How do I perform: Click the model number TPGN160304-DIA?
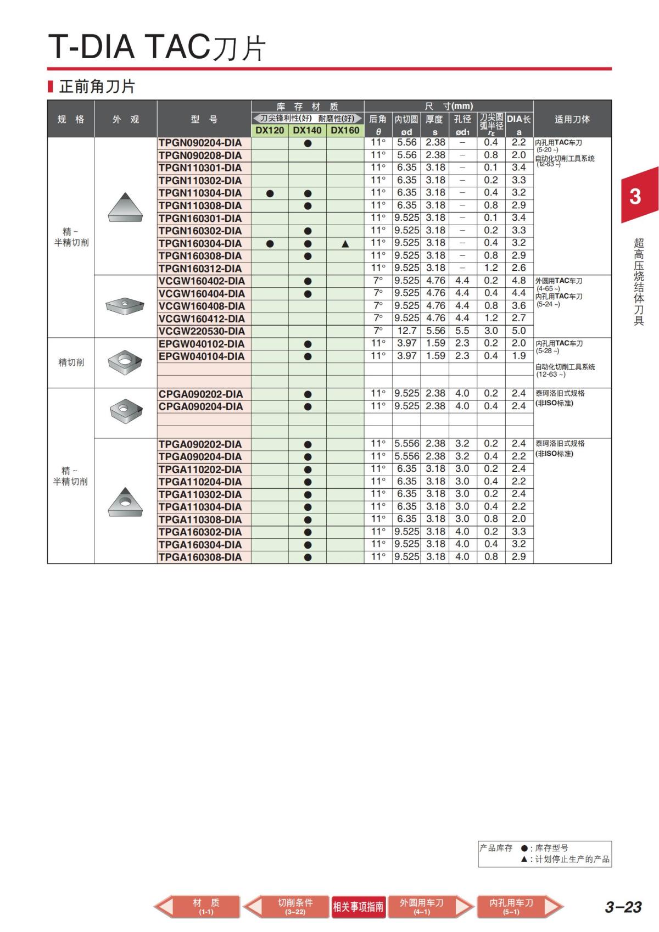[x=200, y=243]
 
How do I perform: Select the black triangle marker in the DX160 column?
[x=345, y=243]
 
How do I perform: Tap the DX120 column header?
[x=270, y=131]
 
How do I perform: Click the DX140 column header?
[x=307, y=131]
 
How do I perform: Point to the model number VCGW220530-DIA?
[x=202, y=331]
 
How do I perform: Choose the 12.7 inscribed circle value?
[x=407, y=331]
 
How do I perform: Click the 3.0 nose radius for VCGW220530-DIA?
[x=491, y=331]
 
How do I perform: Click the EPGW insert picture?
[x=125, y=362]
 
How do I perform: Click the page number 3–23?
[x=623, y=907]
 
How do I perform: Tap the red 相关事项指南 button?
[x=358, y=907]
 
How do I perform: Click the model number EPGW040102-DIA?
[x=202, y=344]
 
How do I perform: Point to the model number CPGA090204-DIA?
[x=200, y=406]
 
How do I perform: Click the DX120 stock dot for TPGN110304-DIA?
[x=270, y=193]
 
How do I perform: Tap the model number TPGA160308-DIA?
[x=200, y=557]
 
